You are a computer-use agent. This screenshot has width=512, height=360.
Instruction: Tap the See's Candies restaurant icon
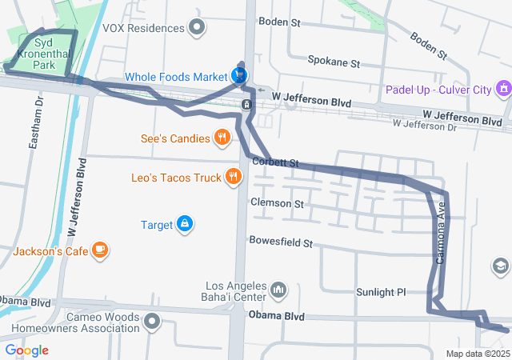[x=222, y=138]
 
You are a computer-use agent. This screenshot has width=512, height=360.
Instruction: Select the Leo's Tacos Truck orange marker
[x=233, y=177]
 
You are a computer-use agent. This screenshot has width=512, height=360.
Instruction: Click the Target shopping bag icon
[x=185, y=224]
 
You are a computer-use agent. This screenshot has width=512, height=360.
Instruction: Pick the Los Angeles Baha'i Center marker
[x=278, y=289]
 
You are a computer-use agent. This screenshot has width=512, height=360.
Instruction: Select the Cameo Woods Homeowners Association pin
[x=152, y=322]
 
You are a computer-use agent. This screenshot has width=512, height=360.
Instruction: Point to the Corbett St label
[x=274, y=162]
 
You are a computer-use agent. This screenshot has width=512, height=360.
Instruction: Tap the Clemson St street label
[x=277, y=203]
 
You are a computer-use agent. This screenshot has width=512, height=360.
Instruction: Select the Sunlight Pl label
[x=380, y=292]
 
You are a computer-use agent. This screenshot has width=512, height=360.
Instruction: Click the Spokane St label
[x=334, y=62]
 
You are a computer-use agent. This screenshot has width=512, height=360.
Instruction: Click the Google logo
[x=26, y=350]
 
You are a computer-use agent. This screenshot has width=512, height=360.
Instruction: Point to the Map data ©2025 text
[x=478, y=354]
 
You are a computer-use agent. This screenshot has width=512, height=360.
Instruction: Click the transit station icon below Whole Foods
[x=247, y=104]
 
